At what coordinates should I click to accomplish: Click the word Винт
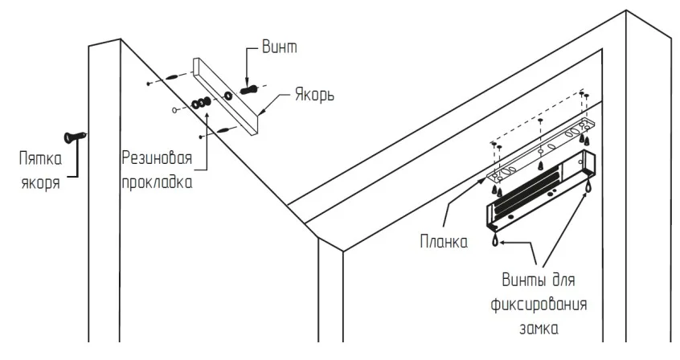pos(280,47)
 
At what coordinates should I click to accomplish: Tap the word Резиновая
pos(157,157)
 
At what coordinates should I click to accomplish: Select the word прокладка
pos(157,182)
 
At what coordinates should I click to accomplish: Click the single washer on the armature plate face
pos(228,96)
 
